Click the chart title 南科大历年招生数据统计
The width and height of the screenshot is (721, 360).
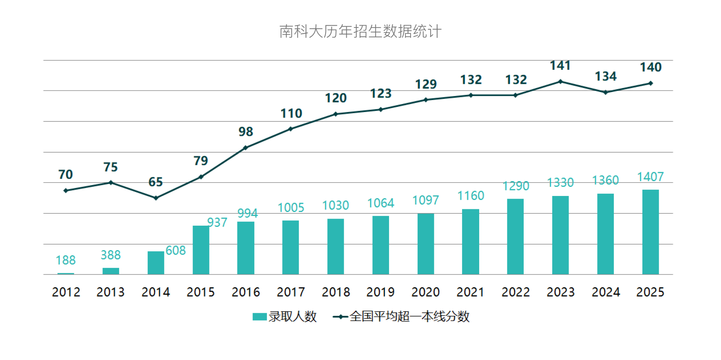point(360,32)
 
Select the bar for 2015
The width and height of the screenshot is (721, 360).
point(201,250)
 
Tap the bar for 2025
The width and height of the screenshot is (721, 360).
point(651,232)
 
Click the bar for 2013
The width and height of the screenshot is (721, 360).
point(111,271)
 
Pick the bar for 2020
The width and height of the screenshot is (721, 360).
point(425,244)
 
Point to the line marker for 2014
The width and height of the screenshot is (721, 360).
point(156,198)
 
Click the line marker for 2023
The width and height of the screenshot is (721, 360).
point(560,82)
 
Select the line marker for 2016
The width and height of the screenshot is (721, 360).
point(246,148)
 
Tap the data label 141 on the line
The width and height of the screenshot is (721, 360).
point(560,66)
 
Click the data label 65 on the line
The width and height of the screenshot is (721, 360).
point(155,182)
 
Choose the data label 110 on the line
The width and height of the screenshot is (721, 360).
point(291,113)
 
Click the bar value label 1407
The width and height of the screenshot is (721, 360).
point(650,177)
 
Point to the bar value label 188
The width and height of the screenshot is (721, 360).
point(66,260)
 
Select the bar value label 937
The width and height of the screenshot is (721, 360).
point(217,222)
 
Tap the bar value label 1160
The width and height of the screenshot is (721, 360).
point(471,196)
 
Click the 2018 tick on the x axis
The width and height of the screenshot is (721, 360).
point(336,292)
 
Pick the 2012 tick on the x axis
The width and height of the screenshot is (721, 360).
point(66,292)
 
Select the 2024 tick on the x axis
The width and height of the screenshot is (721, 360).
point(606,292)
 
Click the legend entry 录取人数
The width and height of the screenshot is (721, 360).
point(285,317)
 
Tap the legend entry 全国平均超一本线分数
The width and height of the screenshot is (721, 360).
point(401,317)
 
